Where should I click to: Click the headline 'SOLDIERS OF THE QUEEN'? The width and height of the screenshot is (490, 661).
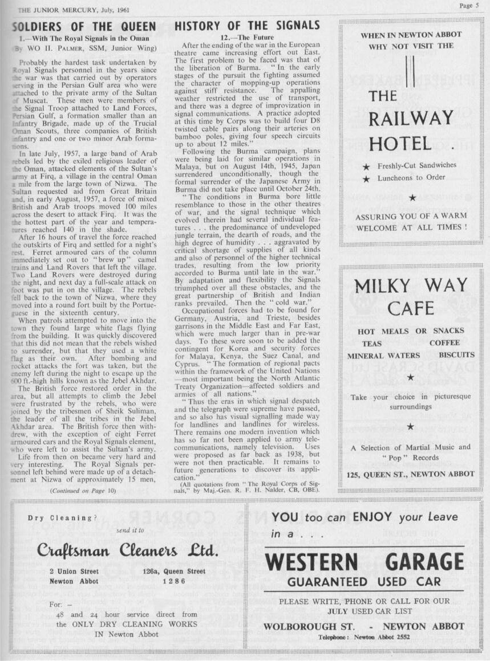point(84,26)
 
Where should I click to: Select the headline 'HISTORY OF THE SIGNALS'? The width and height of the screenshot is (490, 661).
point(247,26)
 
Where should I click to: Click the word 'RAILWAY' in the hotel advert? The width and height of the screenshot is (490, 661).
point(411,119)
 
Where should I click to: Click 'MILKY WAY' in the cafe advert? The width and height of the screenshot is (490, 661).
point(411,285)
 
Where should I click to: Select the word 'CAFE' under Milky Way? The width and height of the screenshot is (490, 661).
point(411,308)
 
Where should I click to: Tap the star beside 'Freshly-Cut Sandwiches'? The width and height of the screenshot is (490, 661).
point(366,166)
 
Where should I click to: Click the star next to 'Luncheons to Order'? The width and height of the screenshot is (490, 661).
point(366,178)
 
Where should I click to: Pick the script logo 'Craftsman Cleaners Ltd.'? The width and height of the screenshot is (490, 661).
point(128,552)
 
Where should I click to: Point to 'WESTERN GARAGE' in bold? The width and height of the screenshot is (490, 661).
point(364,562)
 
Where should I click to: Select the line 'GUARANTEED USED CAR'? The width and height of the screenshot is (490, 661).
point(364,582)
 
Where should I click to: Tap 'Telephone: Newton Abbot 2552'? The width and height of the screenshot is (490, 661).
point(365,637)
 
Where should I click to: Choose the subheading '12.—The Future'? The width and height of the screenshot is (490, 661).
point(247,37)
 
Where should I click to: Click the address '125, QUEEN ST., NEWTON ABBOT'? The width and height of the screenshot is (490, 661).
point(410,474)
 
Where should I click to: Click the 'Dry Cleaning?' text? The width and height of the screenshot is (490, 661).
point(60,517)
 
